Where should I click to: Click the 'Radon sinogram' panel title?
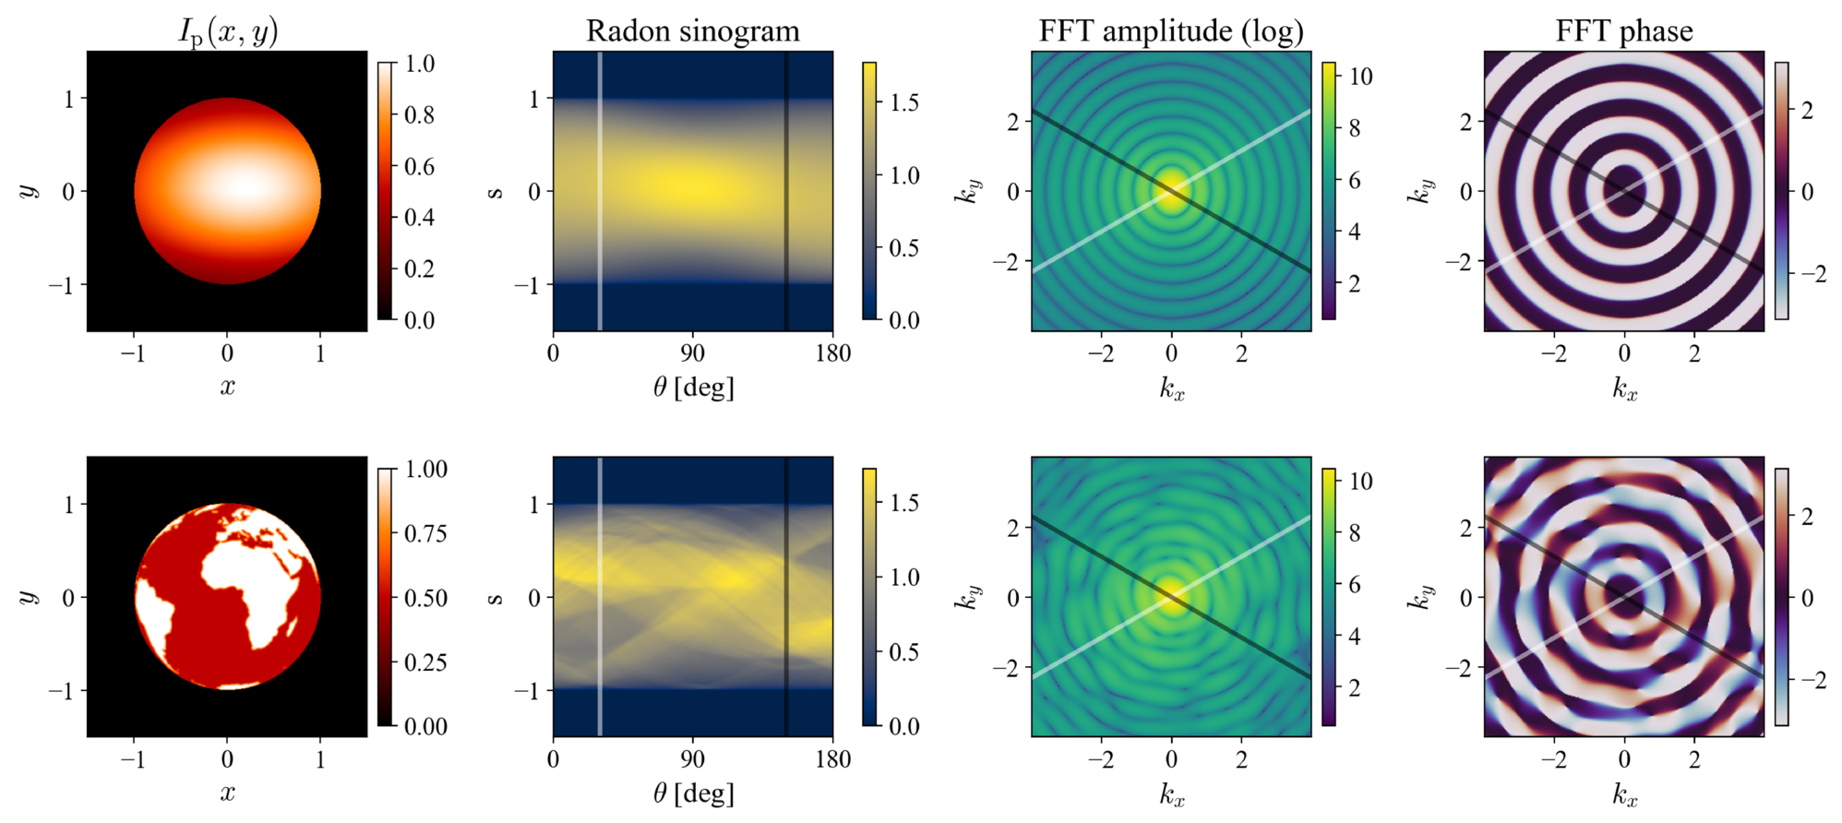pos(693,31)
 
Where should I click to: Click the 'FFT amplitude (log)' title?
pos(1171,31)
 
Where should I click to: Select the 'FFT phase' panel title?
pos(1624,31)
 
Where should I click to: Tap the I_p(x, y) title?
pos(228,32)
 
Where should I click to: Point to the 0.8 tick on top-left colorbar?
pos(419,115)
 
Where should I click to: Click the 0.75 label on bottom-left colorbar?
pos(426,533)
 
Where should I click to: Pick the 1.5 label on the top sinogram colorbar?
pos(904,101)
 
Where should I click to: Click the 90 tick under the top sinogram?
pos(692,353)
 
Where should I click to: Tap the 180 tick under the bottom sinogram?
pos(832,759)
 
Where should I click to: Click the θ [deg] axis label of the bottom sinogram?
pos(693,793)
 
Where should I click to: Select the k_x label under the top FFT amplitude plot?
pos(1172,388)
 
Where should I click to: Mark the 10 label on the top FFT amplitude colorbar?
pos(1361,77)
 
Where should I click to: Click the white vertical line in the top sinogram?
pos(600,191)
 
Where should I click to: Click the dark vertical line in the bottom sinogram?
pos(786,597)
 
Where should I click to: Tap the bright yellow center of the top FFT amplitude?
pos(1171,191)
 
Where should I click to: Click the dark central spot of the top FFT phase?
pos(1624,191)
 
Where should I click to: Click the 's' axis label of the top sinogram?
pos(496,191)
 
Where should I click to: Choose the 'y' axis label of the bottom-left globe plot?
pos(29,597)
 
